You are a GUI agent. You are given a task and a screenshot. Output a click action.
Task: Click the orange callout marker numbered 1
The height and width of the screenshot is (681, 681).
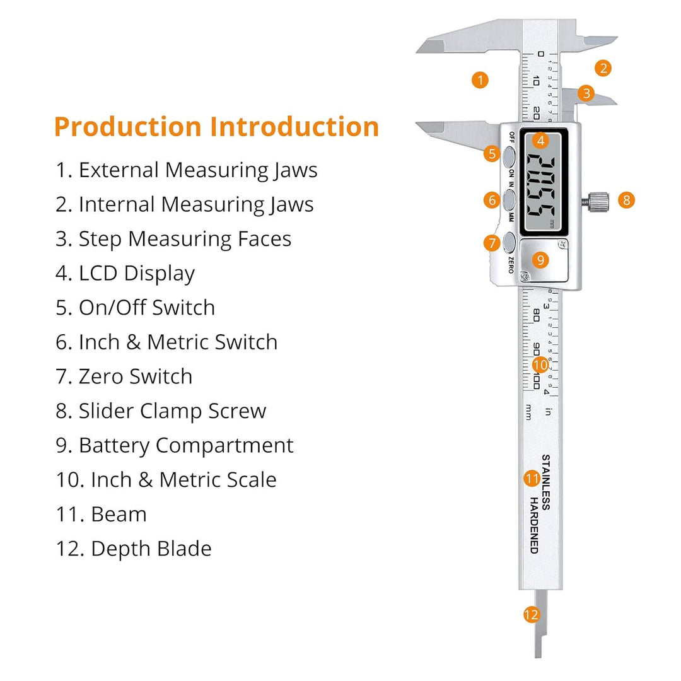(480, 80)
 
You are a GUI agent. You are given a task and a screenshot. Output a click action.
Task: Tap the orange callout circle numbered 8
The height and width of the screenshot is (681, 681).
(626, 201)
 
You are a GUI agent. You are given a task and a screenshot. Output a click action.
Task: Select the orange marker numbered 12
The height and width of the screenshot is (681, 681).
(531, 615)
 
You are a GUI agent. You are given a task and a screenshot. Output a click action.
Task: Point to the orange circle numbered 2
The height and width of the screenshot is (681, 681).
(603, 68)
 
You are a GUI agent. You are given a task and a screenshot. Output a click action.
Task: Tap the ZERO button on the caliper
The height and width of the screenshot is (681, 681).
(509, 242)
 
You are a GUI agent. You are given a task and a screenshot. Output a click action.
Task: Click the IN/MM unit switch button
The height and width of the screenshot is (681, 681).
(509, 199)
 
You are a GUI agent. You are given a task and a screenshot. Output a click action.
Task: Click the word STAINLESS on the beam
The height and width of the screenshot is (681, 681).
(546, 482)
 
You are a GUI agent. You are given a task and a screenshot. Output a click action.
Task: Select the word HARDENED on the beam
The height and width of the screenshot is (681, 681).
(534, 525)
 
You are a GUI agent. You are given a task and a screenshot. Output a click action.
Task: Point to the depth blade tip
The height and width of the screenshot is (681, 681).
(538, 656)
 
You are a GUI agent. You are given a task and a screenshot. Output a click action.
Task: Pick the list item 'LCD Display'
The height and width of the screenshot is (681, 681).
(125, 274)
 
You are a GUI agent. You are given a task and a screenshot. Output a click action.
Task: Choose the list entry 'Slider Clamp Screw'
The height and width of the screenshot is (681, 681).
(161, 411)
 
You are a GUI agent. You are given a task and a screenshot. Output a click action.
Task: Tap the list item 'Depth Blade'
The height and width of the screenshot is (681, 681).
(134, 549)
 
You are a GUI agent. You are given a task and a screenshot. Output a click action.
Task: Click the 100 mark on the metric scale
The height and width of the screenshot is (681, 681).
(537, 381)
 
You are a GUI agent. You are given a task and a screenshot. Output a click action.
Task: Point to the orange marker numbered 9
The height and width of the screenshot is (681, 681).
(540, 260)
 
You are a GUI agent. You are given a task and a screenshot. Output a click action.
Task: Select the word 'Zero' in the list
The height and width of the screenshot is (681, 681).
(99, 376)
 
